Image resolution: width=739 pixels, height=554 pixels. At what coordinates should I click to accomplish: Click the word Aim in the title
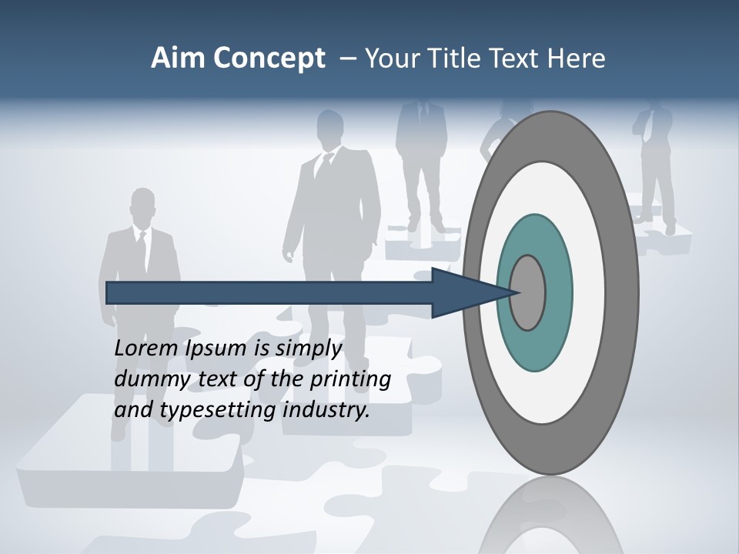pyautogui.click(x=177, y=58)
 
